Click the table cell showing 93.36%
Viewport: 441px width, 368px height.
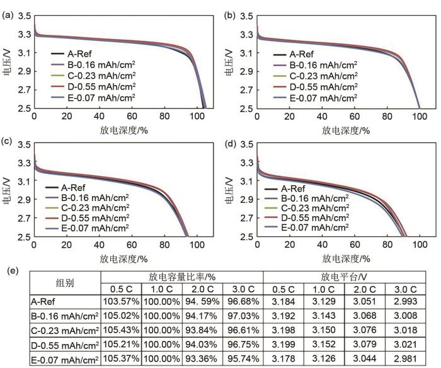[x=202, y=359]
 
